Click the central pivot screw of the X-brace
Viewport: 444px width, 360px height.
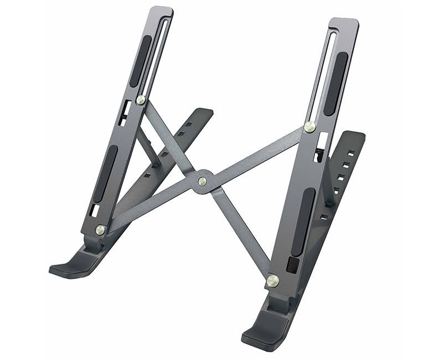(202, 181)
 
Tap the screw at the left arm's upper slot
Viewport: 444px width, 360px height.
(141, 100)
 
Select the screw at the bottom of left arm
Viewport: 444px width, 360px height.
(100, 229)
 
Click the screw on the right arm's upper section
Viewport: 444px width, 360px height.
(310, 127)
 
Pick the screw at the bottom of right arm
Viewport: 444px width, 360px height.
(272, 281)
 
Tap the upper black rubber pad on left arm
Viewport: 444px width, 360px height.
(141, 61)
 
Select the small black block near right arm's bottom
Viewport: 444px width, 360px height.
(292, 265)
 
